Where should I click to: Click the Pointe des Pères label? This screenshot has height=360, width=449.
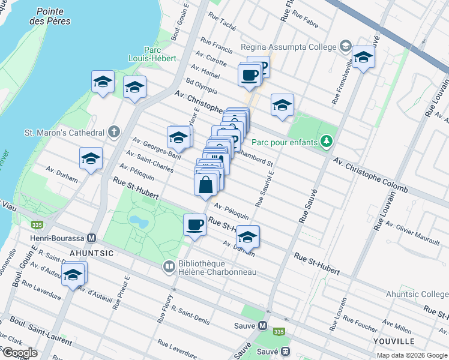coord(53,16)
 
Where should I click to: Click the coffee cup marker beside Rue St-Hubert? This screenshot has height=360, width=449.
coord(194,225)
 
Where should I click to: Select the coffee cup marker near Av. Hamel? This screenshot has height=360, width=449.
coord(249,75)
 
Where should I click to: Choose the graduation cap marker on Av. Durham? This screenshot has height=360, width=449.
coord(247,236)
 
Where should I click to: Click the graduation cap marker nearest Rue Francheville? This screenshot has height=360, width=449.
coord(363,58)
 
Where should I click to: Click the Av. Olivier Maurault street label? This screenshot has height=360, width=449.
coord(413,233)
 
